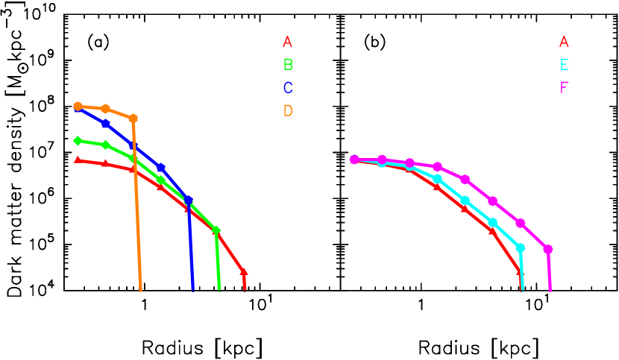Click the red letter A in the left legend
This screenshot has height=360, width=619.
(x=287, y=42)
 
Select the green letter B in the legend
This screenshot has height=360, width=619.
(x=288, y=65)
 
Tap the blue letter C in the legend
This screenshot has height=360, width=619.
(x=288, y=88)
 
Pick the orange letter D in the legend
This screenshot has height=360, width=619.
(x=288, y=110)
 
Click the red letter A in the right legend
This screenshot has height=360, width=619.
(x=564, y=42)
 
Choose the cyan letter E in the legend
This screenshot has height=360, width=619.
(x=565, y=65)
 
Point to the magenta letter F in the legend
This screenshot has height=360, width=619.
(x=565, y=88)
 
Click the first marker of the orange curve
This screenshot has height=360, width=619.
(x=78, y=106)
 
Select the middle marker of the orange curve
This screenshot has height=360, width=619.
(x=105, y=109)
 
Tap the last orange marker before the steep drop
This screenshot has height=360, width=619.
(x=133, y=119)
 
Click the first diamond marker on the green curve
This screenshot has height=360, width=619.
(x=78, y=140)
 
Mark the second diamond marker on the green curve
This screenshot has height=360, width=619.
(x=105, y=145)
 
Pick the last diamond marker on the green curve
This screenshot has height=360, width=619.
(x=216, y=230)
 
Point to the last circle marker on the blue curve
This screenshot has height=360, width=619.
(x=189, y=200)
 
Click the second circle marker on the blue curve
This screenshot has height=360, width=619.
(x=105, y=124)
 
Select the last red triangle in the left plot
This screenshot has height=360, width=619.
(x=243, y=272)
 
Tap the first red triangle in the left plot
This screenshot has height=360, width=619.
(x=78, y=160)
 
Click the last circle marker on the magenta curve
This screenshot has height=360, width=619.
(x=547, y=249)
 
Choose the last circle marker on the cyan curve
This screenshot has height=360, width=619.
(x=520, y=247)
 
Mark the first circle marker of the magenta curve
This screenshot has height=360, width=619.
(x=354, y=159)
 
